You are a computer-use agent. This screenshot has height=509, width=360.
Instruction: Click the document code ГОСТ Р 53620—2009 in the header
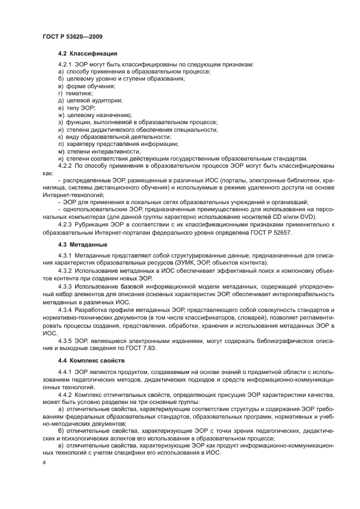tap(72, 36)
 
